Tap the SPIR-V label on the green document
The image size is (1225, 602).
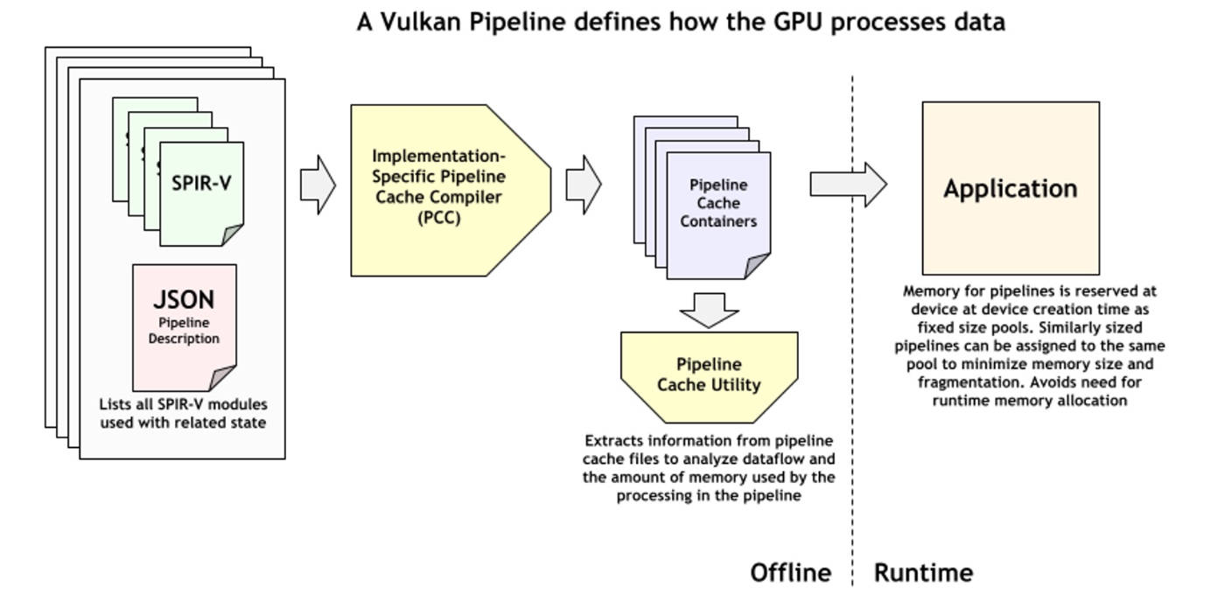tap(201, 184)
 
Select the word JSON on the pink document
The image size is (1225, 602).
tap(184, 299)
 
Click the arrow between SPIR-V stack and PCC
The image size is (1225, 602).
tap(318, 185)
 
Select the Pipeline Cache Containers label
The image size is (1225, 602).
tap(718, 203)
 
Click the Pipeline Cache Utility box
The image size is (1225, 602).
tap(709, 374)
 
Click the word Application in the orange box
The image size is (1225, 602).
tap(1010, 189)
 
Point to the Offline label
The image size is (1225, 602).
tap(790, 573)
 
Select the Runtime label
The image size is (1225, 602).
tap(923, 573)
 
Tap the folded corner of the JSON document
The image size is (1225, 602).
tap(225, 378)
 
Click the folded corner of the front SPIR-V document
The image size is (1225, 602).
tap(233, 234)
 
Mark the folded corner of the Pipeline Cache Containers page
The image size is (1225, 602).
tap(758, 266)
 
